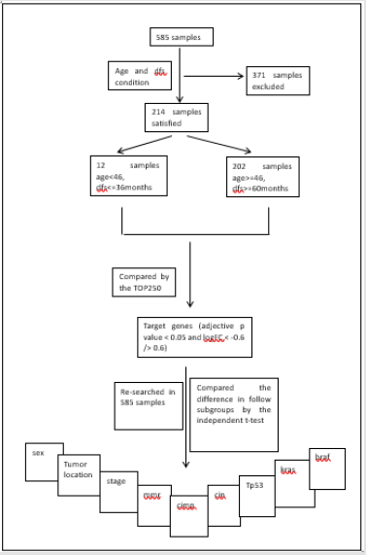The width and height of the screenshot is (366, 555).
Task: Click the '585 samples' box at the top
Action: point(182,37)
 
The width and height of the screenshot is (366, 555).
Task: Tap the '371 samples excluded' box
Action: point(277,80)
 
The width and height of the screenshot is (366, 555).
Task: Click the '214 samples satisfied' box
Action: point(176,118)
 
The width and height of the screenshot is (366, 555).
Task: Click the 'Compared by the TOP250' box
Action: point(144,282)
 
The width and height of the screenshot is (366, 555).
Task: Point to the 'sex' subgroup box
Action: point(44,462)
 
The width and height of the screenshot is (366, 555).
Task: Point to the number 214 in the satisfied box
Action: point(159,112)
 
